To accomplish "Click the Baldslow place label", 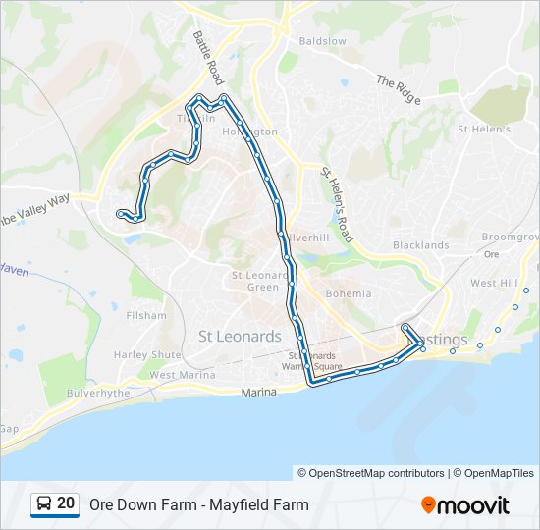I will (x=322, y=41).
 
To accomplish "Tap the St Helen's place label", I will (x=484, y=129).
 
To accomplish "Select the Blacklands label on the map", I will (x=420, y=245).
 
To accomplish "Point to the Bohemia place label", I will (x=348, y=293).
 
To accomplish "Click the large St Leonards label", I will (x=240, y=336).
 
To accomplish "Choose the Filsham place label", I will (x=146, y=316).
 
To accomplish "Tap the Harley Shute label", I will (x=147, y=354).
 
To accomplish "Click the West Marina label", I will (x=183, y=375).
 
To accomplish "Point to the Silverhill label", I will (x=306, y=238).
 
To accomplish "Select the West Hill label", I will (x=494, y=283).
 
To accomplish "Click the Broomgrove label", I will (x=512, y=238).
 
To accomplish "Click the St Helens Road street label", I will (x=337, y=203).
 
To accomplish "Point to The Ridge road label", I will (x=398, y=91).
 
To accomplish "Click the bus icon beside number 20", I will (x=44, y=504).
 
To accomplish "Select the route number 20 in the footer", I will (x=66, y=503).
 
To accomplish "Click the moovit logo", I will (x=465, y=505).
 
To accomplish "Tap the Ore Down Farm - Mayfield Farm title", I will (x=198, y=505).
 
